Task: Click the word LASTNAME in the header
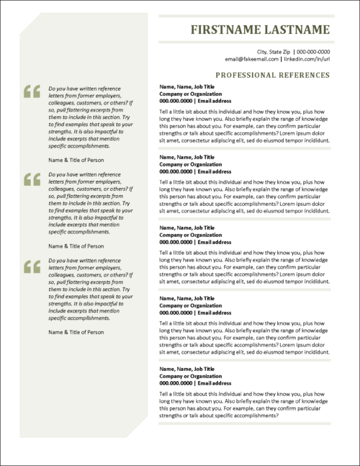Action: point(294,31)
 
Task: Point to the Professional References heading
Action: point(272,74)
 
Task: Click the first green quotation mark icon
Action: point(32,91)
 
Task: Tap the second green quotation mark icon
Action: point(32,179)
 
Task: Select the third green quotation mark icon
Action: point(32,266)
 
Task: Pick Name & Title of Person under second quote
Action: point(76,246)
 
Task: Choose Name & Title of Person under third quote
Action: point(76,332)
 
